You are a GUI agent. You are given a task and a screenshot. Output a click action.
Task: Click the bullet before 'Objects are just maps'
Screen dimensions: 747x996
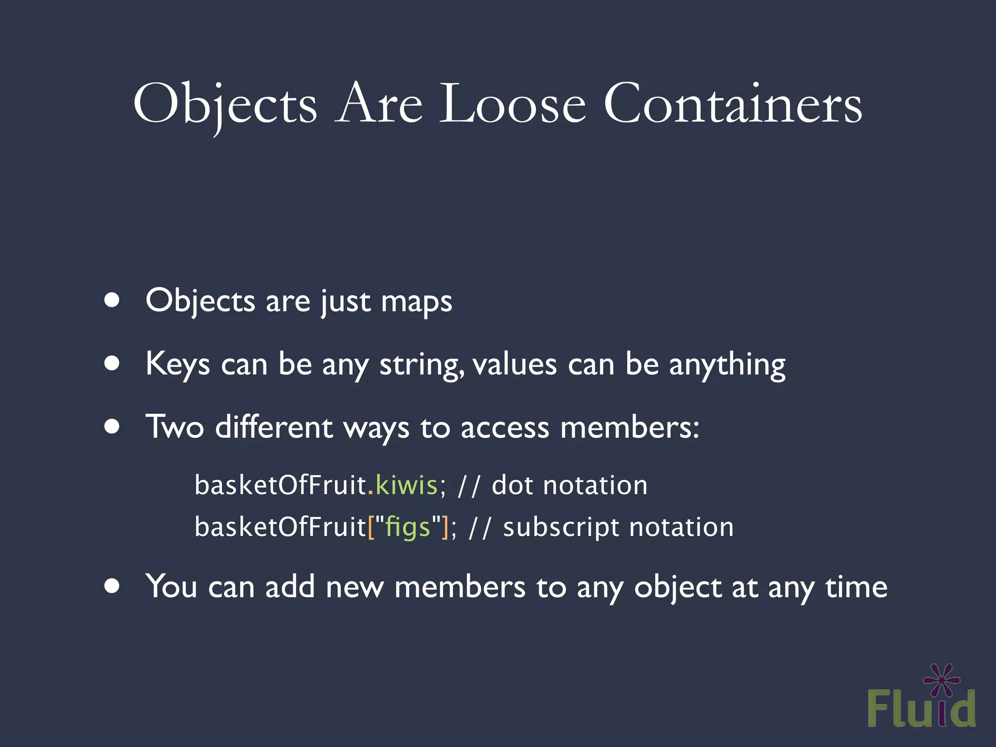(x=112, y=300)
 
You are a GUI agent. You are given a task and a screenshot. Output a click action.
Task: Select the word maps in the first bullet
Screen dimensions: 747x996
(x=417, y=302)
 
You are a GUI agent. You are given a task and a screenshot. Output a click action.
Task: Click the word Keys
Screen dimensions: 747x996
(x=178, y=364)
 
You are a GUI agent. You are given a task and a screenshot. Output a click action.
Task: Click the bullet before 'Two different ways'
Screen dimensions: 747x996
(x=112, y=427)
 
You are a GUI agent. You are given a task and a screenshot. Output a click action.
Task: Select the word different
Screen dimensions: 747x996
(x=274, y=427)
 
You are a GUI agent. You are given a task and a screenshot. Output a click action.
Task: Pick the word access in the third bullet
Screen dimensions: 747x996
(x=505, y=428)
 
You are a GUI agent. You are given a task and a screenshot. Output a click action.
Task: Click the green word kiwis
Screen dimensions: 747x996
(x=407, y=485)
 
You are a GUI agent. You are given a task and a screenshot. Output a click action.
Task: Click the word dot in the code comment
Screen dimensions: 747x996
(x=512, y=485)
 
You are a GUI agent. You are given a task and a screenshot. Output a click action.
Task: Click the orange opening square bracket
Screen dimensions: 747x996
(x=372, y=527)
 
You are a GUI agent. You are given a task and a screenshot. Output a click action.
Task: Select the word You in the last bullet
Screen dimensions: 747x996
(x=171, y=586)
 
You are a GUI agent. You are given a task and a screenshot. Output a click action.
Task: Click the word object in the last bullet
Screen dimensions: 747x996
(x=678, y=587)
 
